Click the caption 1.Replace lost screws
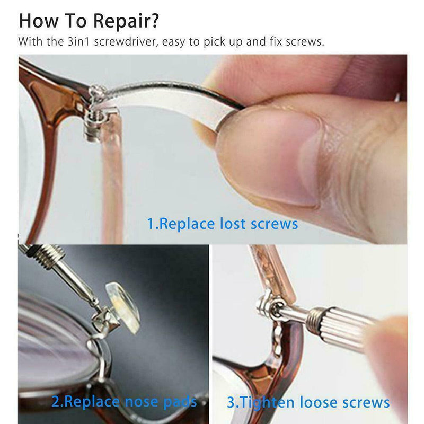point(223,224)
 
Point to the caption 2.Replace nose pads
point(124,401)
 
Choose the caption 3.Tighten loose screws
point(308,402)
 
